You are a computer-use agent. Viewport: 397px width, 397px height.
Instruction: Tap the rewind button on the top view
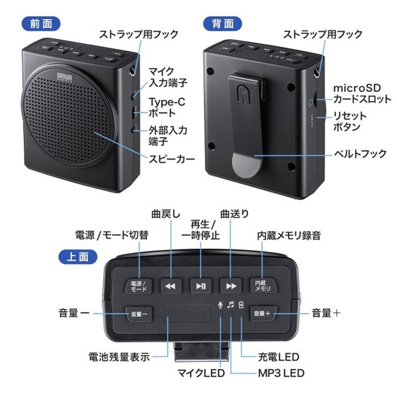click(x=171, y=286)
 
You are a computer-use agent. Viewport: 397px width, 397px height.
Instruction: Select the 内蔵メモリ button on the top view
click(x=263, y=286)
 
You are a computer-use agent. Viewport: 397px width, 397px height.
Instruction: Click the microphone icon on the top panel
click(x=220, y=304)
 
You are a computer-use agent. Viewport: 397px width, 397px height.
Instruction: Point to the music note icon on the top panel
click(x=231, y=304)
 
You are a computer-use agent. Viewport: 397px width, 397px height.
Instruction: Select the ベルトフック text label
click(x=359, y=154)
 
